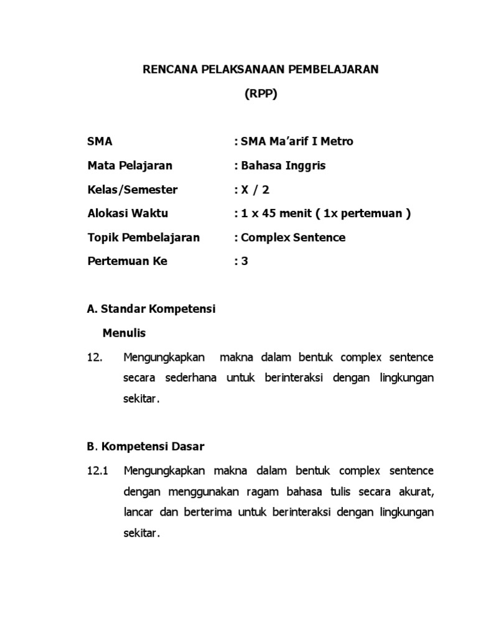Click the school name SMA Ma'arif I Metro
coord(297,141)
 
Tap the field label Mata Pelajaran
coord(129,165)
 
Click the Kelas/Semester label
coord(132,190)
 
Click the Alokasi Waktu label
coord(128,213)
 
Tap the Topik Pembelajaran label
coord(143,238)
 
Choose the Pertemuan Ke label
coord(127,261)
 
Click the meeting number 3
coord(245,261)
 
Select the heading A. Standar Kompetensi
coord(151,309)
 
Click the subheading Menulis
coord(124,333)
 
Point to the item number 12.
coord(95,357)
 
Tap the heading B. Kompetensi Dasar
coord(146,447)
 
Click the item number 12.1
coord(98,470)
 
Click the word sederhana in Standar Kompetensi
coord(191,378)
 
